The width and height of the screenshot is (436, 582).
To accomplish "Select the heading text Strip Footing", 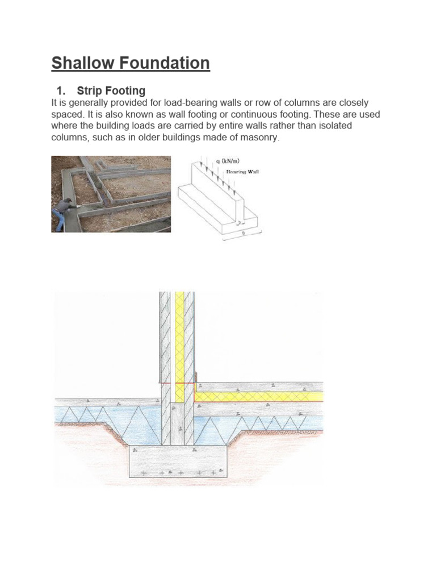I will coord(111,91).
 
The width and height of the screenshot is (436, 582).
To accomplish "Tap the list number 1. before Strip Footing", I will coord(62,91).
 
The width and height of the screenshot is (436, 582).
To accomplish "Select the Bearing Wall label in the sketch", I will coord(242,172).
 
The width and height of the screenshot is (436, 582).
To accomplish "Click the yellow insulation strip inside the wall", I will coord(180,341).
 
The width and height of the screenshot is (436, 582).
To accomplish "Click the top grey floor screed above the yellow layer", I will coord(261,386).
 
